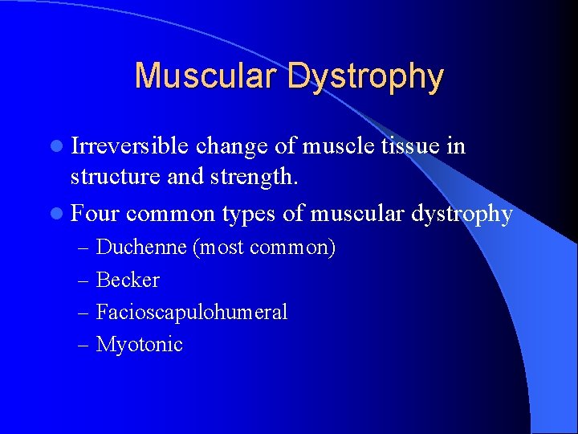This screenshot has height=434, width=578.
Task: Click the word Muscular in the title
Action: (x=208, y=76)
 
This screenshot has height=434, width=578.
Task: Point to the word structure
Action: (x=117, y=176)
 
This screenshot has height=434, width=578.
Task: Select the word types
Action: (x=247, y=214)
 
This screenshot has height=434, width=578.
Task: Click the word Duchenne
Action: (x=141, y=247)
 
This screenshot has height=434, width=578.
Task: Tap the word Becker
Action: (x=128, y=280)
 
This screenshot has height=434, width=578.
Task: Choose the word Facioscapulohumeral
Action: (x=191, y=312)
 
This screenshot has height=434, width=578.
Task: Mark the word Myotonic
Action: (x=139, y=345)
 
